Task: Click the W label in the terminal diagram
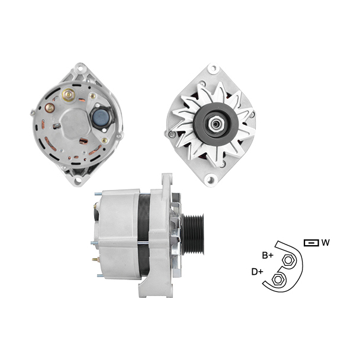326,242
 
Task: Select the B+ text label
268,255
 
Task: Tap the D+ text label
257,272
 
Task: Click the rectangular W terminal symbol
311,243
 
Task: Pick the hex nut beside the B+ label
288,261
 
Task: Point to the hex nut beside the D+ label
278,279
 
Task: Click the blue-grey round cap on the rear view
101,117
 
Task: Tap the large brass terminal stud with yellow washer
68,95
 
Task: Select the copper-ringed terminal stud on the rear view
50,108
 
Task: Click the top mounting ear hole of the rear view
80,68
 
